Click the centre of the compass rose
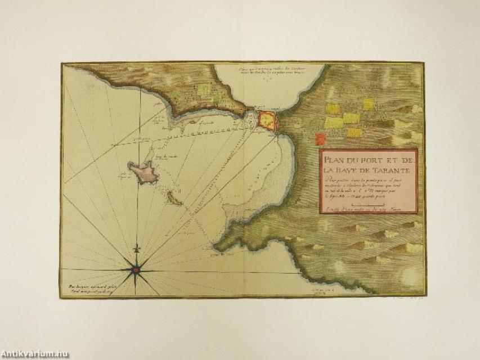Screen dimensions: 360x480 click(x=136, y=270)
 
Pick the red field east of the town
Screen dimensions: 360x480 click(x=320, y=138)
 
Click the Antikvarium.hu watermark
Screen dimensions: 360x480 click(x=35, y=354)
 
